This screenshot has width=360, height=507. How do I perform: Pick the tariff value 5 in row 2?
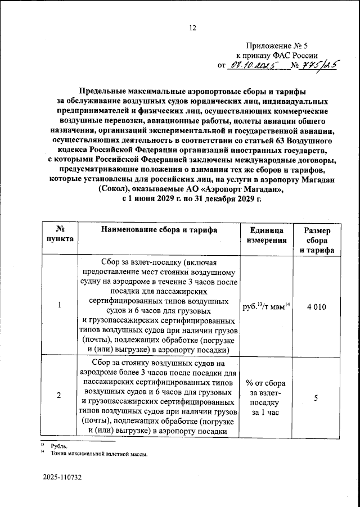[316, 398]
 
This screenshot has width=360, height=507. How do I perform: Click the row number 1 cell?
[60, 306]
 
